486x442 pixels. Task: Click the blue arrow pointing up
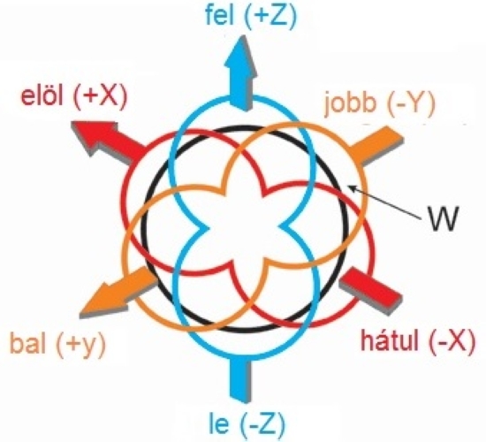click(x=240, y=72)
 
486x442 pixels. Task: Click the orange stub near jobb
click(x=376, y=146)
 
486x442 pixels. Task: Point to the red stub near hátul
click(x=371, y=290)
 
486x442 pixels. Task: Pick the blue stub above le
click(x=240, y=379)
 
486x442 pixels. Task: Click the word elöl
click(x=42, y=95)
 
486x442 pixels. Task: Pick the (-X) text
click(x=452, y=341)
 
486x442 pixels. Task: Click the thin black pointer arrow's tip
click(x=348, y=186)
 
